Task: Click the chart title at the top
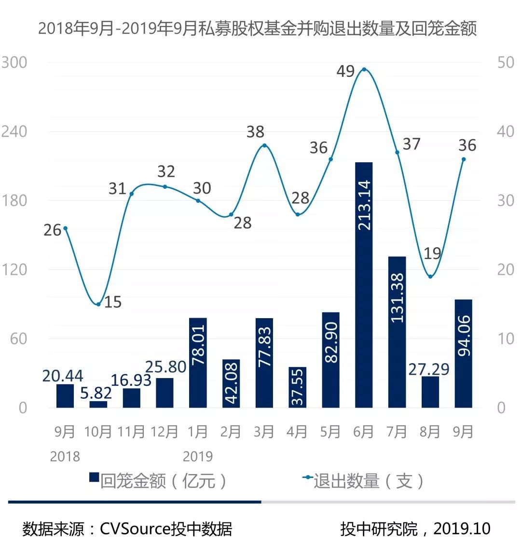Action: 257,28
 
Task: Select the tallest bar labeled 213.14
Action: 364,285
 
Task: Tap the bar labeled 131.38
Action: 397,332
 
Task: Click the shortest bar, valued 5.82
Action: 98,405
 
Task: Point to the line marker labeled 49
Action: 364,70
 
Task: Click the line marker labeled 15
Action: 98,304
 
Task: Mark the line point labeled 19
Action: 430,277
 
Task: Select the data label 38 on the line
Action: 255,132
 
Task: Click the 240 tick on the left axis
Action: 14,132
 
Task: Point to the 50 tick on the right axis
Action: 506,63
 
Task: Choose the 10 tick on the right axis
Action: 506,339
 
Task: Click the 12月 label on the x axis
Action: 165,432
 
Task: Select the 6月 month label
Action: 364,432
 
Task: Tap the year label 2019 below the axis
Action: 198,456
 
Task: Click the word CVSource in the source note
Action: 135,529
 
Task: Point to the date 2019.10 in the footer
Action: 462,529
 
